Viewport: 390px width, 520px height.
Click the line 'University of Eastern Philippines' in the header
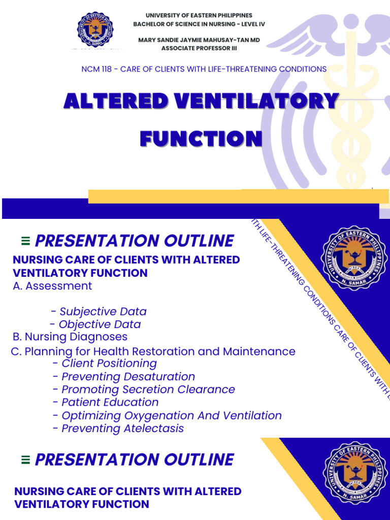click(x=199, y=16)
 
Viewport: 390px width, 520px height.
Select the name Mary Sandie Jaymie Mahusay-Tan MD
click(x=199, y=40)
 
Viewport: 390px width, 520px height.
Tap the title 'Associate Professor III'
click(x=199, y=48)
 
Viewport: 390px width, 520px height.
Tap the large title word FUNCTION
click(x=201, y=139)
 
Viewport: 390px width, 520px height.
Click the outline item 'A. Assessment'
click(x=52, y=286)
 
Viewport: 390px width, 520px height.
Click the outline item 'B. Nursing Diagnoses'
click(x=70, y=337)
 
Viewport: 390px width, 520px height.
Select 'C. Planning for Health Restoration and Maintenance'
click(x=153, y=351)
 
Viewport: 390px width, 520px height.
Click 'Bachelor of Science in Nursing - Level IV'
click(x=199, y=24)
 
